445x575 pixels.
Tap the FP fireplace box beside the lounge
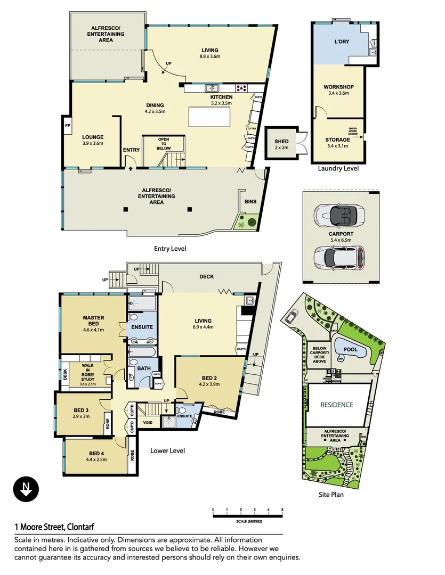(68, 126)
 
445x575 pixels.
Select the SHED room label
(281, 141)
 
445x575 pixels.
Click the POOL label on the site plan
(350, 350)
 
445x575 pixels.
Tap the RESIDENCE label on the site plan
(336, 405)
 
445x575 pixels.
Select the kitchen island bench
(213, 116)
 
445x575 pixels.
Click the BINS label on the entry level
(250, 202)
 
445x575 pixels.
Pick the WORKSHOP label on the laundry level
(338, 87)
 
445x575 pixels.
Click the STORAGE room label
(338, 140)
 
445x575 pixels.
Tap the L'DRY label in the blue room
(341, 42)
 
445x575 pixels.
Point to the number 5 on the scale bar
(282, 510)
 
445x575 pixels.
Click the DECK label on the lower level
(207, 277)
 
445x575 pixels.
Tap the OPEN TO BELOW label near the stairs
(164, 142)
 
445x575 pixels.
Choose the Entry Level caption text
(170, 248)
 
